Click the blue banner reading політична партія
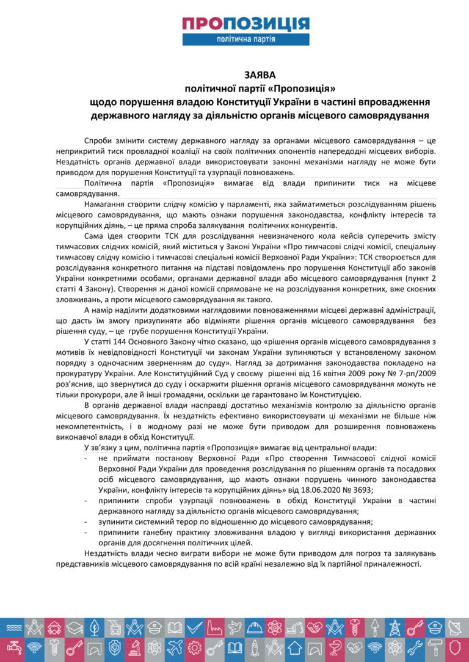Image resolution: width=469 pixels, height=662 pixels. coord(245,39)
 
